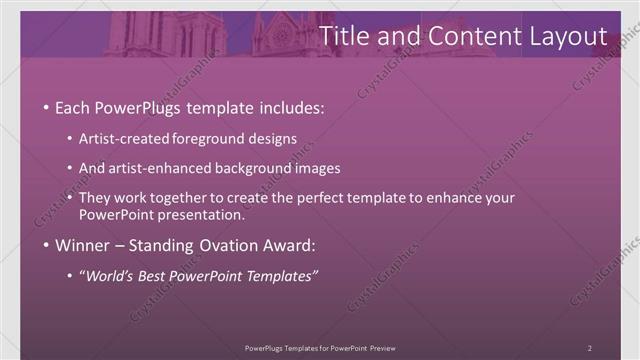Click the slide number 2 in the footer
click(589, 347)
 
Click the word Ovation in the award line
click(221, 245)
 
